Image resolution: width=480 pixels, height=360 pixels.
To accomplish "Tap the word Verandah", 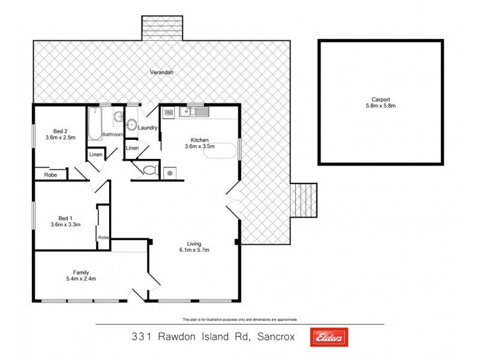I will click(x=161, y=73).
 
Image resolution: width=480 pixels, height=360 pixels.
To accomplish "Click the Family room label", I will click(x=81, y=272).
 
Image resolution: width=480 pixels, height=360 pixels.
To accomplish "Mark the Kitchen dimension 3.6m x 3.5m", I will click(x=199, y=146).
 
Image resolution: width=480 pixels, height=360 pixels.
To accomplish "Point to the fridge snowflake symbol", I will click(x=170, y=173).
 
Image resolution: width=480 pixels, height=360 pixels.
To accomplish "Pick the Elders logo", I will click(x=329, y=338).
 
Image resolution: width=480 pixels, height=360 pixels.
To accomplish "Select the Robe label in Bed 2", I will click(x=50, y=175).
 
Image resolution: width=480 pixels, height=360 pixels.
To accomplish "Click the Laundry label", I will click(x=148, y=128).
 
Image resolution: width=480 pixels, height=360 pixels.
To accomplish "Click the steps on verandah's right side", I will click(x=304, y=200).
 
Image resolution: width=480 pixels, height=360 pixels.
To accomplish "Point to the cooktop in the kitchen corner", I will click(x=169, y=111).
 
